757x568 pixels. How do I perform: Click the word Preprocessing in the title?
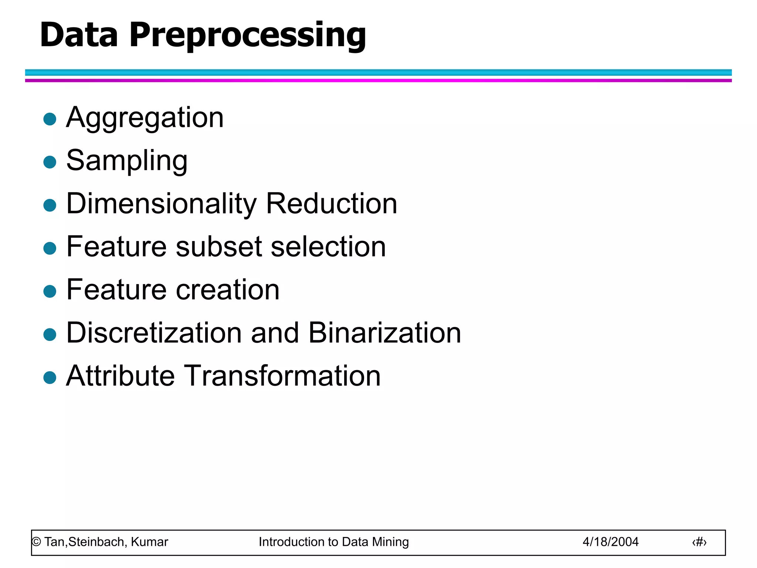pyautogui.click(x=247, y=35)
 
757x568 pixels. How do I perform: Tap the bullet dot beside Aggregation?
pyautogui.click(x=50, y=119)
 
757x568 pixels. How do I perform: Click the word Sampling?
pyautogui.click(x=127, y=161)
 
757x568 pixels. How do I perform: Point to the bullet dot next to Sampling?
pyautogui.click(x=50, y=162)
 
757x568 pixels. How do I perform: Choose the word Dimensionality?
pyautogui.click(x=161, y=204)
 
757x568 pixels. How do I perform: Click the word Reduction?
pyautogui.click(x=332, y=204)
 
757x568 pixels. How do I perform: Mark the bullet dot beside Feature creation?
pyautogui.click(x=50, y=291)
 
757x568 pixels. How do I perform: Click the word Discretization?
pyautogui.click(x=154, y=332)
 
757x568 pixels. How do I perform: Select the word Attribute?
pyautogui.click(x=120, y=376)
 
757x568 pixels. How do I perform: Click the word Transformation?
pyautogui.click(x=282, y=376)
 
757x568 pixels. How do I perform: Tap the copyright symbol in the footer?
pyautogui.click(x=36, y=542)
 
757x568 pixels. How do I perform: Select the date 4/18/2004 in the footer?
pyautogui.click(x=610, y=542)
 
